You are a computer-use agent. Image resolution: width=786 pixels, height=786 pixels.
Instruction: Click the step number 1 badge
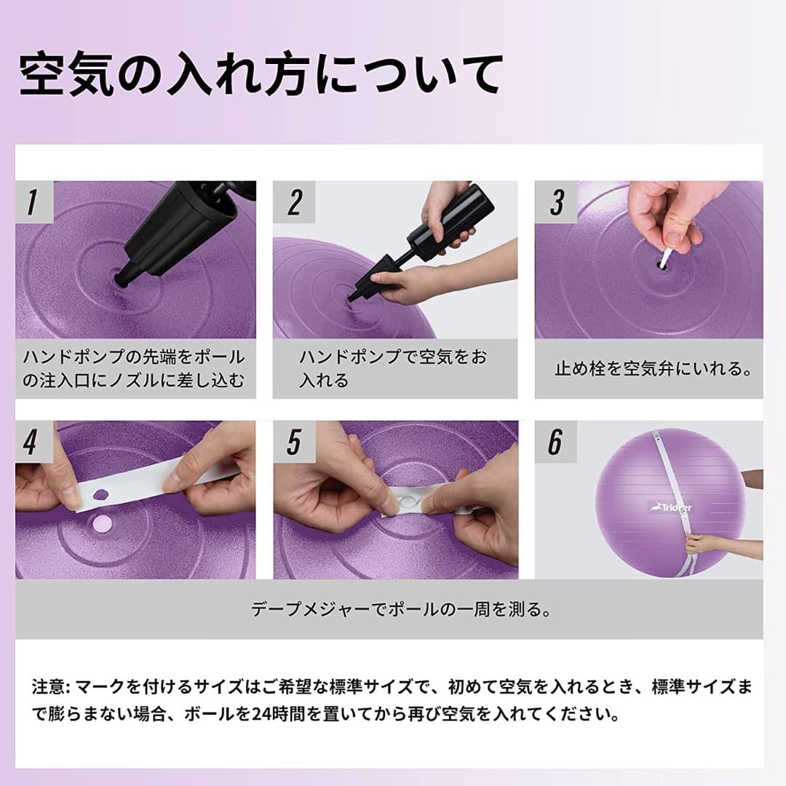pos(31,202)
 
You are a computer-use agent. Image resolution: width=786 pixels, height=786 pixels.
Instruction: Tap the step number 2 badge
pos(294,202)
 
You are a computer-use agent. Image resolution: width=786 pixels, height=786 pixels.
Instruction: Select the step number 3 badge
pos(557,202)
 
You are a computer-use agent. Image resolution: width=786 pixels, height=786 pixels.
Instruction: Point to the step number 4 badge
pos(31,442)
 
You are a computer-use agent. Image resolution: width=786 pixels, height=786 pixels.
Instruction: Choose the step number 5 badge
pos(294,442)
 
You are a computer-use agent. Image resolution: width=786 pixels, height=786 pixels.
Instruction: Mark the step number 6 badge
pos(557,442)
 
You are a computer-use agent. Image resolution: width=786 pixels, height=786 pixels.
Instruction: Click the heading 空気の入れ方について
pos(261,74)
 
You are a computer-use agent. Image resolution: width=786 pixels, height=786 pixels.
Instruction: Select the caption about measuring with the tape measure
pos(400,609)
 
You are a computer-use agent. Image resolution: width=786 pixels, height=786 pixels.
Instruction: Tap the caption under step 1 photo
pos(135,368)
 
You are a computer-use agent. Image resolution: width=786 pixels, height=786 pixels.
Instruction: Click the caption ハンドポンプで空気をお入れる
pos(393,368)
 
